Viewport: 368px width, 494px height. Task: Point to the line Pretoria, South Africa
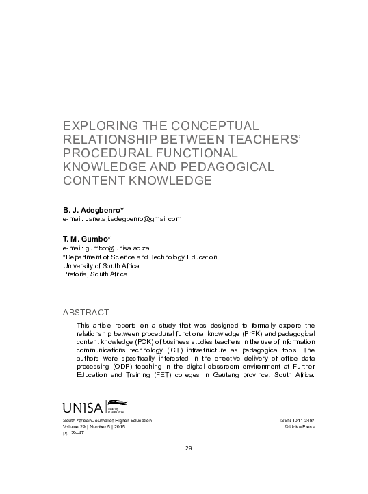click(95, 274)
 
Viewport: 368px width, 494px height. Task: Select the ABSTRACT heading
click(86, 312)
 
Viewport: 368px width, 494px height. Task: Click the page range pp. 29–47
click(74, 433)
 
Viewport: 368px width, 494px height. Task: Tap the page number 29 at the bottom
click(189, 448)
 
